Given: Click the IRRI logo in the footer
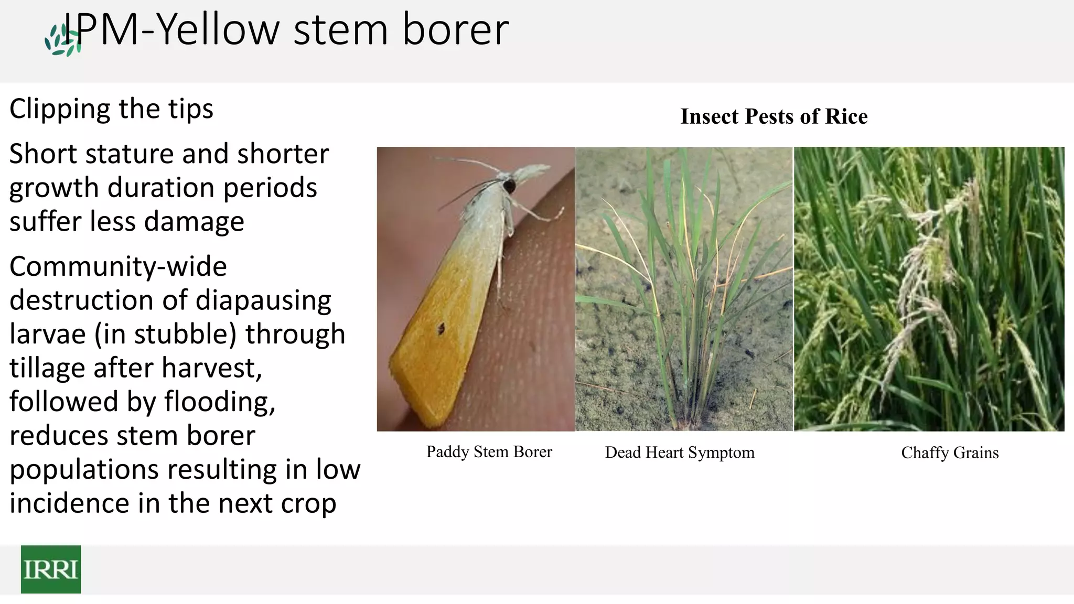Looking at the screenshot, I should [x=51, y=569].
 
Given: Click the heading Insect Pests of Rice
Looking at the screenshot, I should [x=774, y=116].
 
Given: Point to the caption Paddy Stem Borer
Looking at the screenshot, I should [x=489, y=451].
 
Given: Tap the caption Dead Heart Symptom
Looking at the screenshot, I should [x=679, y=452].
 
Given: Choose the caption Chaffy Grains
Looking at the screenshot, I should [x=950, y=452].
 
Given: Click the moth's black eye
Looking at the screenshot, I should [x=509, y=185].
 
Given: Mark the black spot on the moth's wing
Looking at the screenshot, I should [x=441, y=329].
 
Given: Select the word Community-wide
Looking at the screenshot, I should [x=118, y=266].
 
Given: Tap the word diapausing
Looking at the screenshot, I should [x=263, y=300].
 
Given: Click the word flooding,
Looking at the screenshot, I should [x=220, y=402].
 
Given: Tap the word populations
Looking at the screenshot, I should [x=84, y=469].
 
